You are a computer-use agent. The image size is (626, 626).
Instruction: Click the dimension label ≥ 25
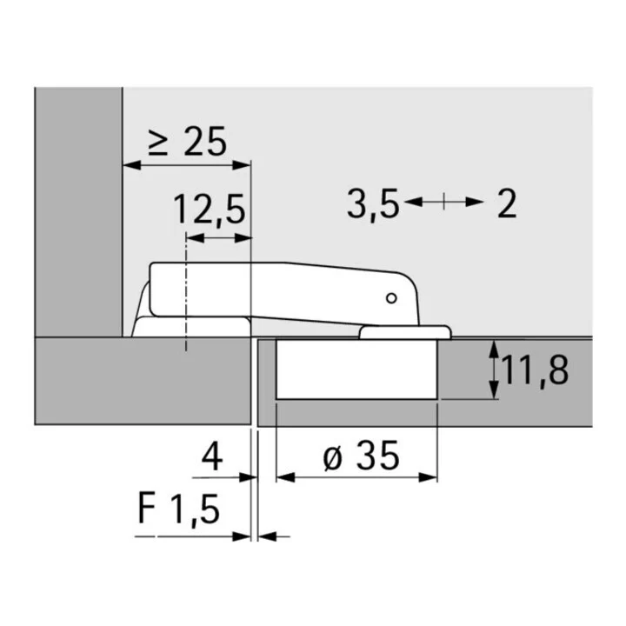pos(187,142)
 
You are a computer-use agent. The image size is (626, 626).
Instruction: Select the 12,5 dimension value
pos(210,210)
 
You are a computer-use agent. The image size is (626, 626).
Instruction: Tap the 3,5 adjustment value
pos(373,204)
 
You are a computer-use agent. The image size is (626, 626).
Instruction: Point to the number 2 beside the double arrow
pos(507,203)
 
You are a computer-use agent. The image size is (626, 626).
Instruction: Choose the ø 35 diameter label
pos(361,456)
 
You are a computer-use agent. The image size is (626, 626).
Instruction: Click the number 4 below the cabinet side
pos(212,456)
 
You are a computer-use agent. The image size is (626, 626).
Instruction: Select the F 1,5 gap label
pos(178,509)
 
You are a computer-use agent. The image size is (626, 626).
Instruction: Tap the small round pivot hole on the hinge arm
pos(391,298)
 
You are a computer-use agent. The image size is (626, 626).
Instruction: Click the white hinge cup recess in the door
pos(356,369)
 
